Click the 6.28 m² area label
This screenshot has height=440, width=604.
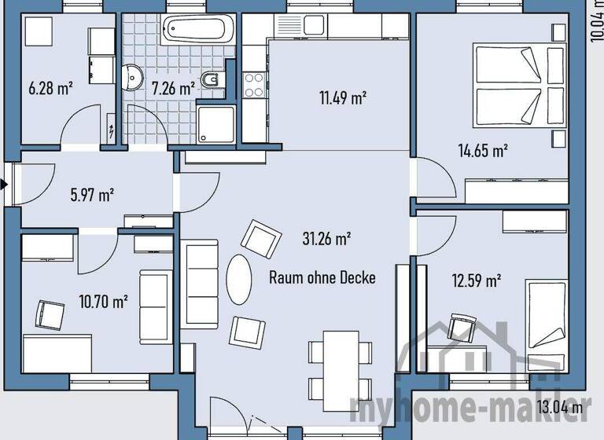tap(50, 88)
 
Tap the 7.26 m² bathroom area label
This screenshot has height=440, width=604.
tap(173, 88)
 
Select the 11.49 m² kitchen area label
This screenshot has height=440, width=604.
tap(343, 98)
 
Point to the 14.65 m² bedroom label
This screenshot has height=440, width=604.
tap(483, 151)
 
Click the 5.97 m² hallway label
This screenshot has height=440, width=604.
tap(92, 194)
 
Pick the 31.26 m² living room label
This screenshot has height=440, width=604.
tap(326, 237)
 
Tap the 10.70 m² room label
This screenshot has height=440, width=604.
tap(105, 300)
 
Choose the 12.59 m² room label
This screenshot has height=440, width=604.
tap(477, 279)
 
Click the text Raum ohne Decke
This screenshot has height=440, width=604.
tap(322, 277)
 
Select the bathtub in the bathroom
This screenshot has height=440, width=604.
tap(197, 29)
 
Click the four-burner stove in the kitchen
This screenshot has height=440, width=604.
tap(254, 85)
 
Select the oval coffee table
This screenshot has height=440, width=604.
tap(239, 276)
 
